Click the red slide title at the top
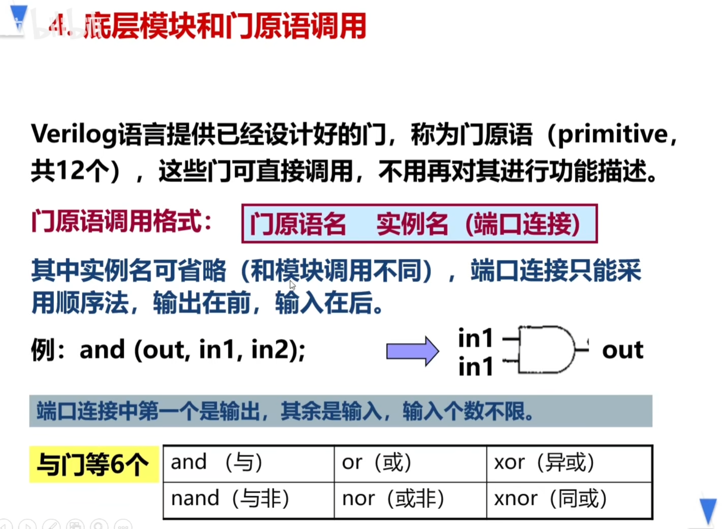click(x=208, y=26)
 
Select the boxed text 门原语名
click(x=298, y=224)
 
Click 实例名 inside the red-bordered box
click(x=412, y=224)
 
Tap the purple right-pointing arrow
click(x=413, y=351)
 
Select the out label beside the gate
click(x=622, y=350)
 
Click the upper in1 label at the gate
click(x=476, y=338)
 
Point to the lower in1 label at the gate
click(x=476, y=367)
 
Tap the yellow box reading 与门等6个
click(x=94, y=464)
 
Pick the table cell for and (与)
click(x=249, y=463)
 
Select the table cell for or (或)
click(x=410, y=463)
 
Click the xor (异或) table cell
click(x=569, y=463)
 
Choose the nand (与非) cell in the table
click(x=249, y=500)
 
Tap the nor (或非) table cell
click(x=410, y=500)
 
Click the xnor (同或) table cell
click(x=569, y=500)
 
